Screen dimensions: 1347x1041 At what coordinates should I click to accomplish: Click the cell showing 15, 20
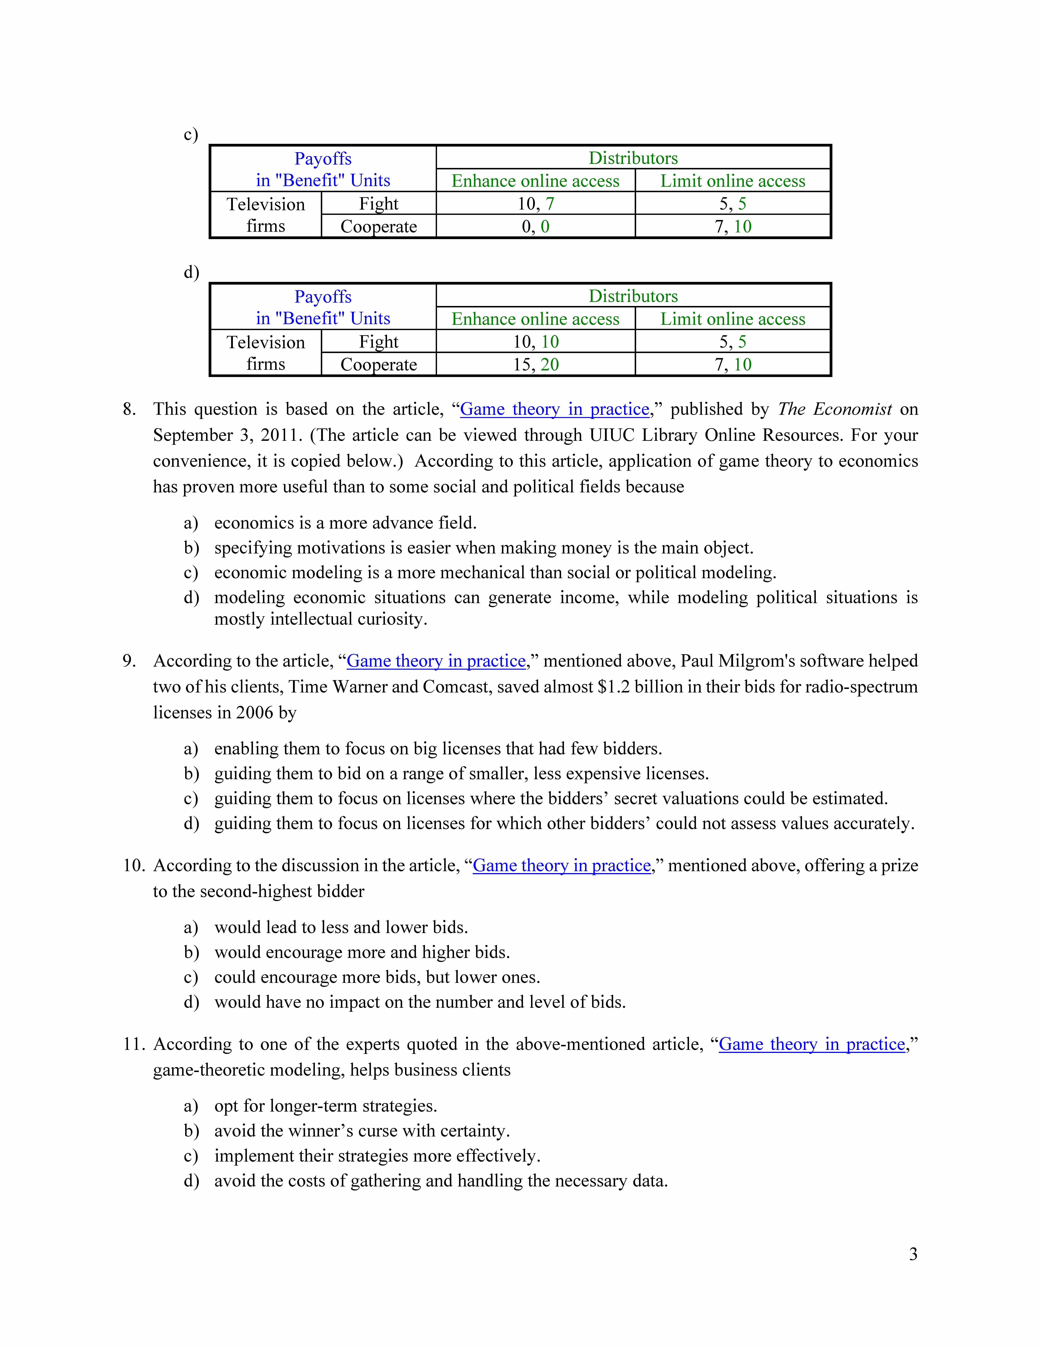coord(535,364)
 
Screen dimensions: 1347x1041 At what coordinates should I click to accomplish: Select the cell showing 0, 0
coord(535,226)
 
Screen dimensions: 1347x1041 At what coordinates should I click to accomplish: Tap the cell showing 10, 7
coord(535,204)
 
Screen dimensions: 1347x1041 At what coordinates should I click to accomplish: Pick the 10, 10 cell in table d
coord(535,342)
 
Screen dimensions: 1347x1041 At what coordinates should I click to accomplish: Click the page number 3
coord(913,1254)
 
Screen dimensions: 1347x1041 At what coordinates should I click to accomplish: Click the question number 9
coord(129,660)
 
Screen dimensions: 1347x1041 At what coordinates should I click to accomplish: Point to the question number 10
coord(133,865)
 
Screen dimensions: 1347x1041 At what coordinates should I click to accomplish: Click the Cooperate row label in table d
coord(379,364)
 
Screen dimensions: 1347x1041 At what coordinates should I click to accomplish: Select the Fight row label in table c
coord(379,204)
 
